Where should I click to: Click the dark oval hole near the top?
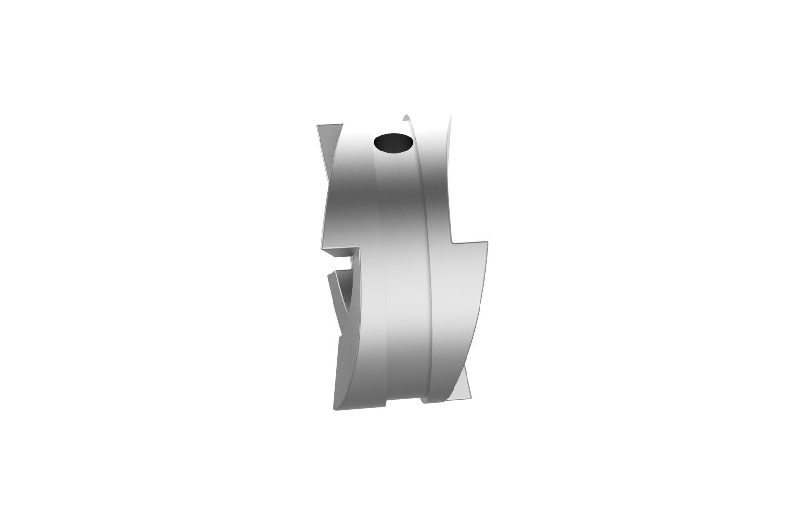(x=393, y=143)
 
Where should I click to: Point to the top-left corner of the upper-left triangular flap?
(x=316, y=125)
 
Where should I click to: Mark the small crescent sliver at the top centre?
(x=406, y=121)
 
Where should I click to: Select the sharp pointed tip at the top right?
(x=451, y=115)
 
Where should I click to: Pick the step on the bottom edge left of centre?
(x=386, y=390)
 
